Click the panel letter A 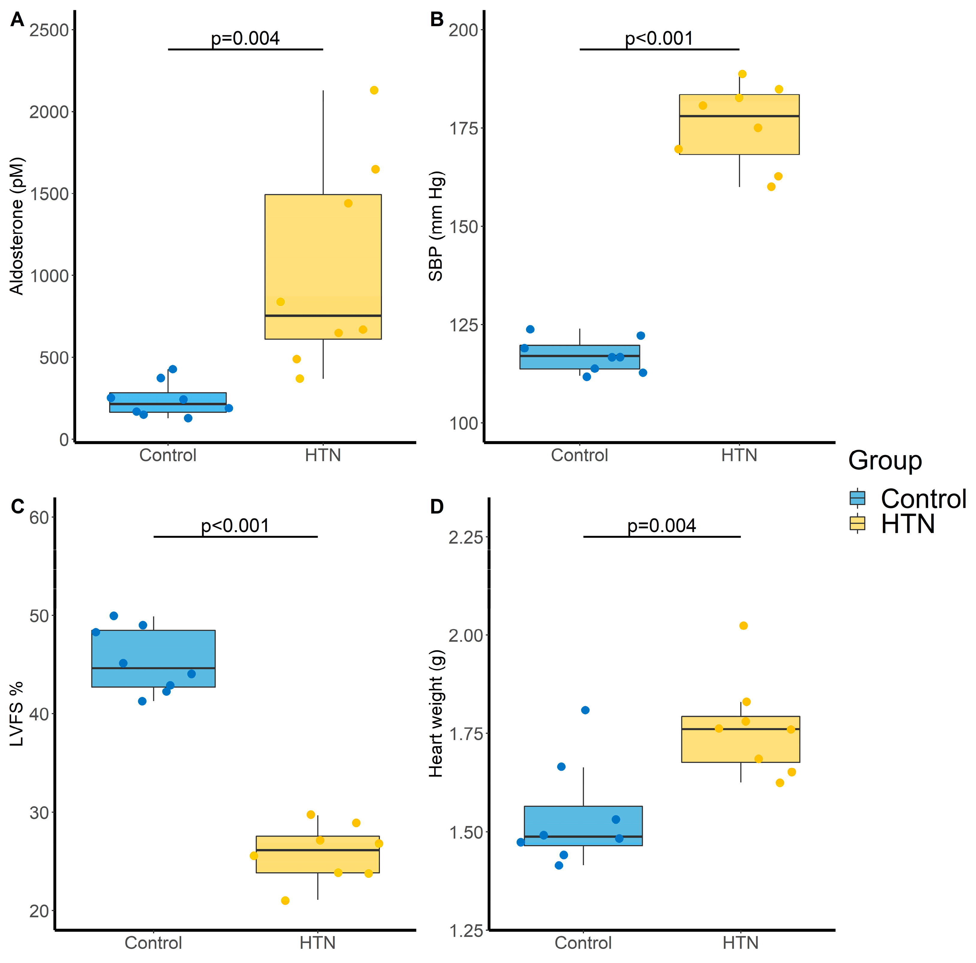17,20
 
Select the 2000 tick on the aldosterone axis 49,112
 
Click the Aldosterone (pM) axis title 17,226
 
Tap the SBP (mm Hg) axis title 435,226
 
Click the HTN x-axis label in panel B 739,455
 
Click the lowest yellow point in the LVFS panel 285,900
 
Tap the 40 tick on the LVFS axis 39,714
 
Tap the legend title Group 885,460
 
